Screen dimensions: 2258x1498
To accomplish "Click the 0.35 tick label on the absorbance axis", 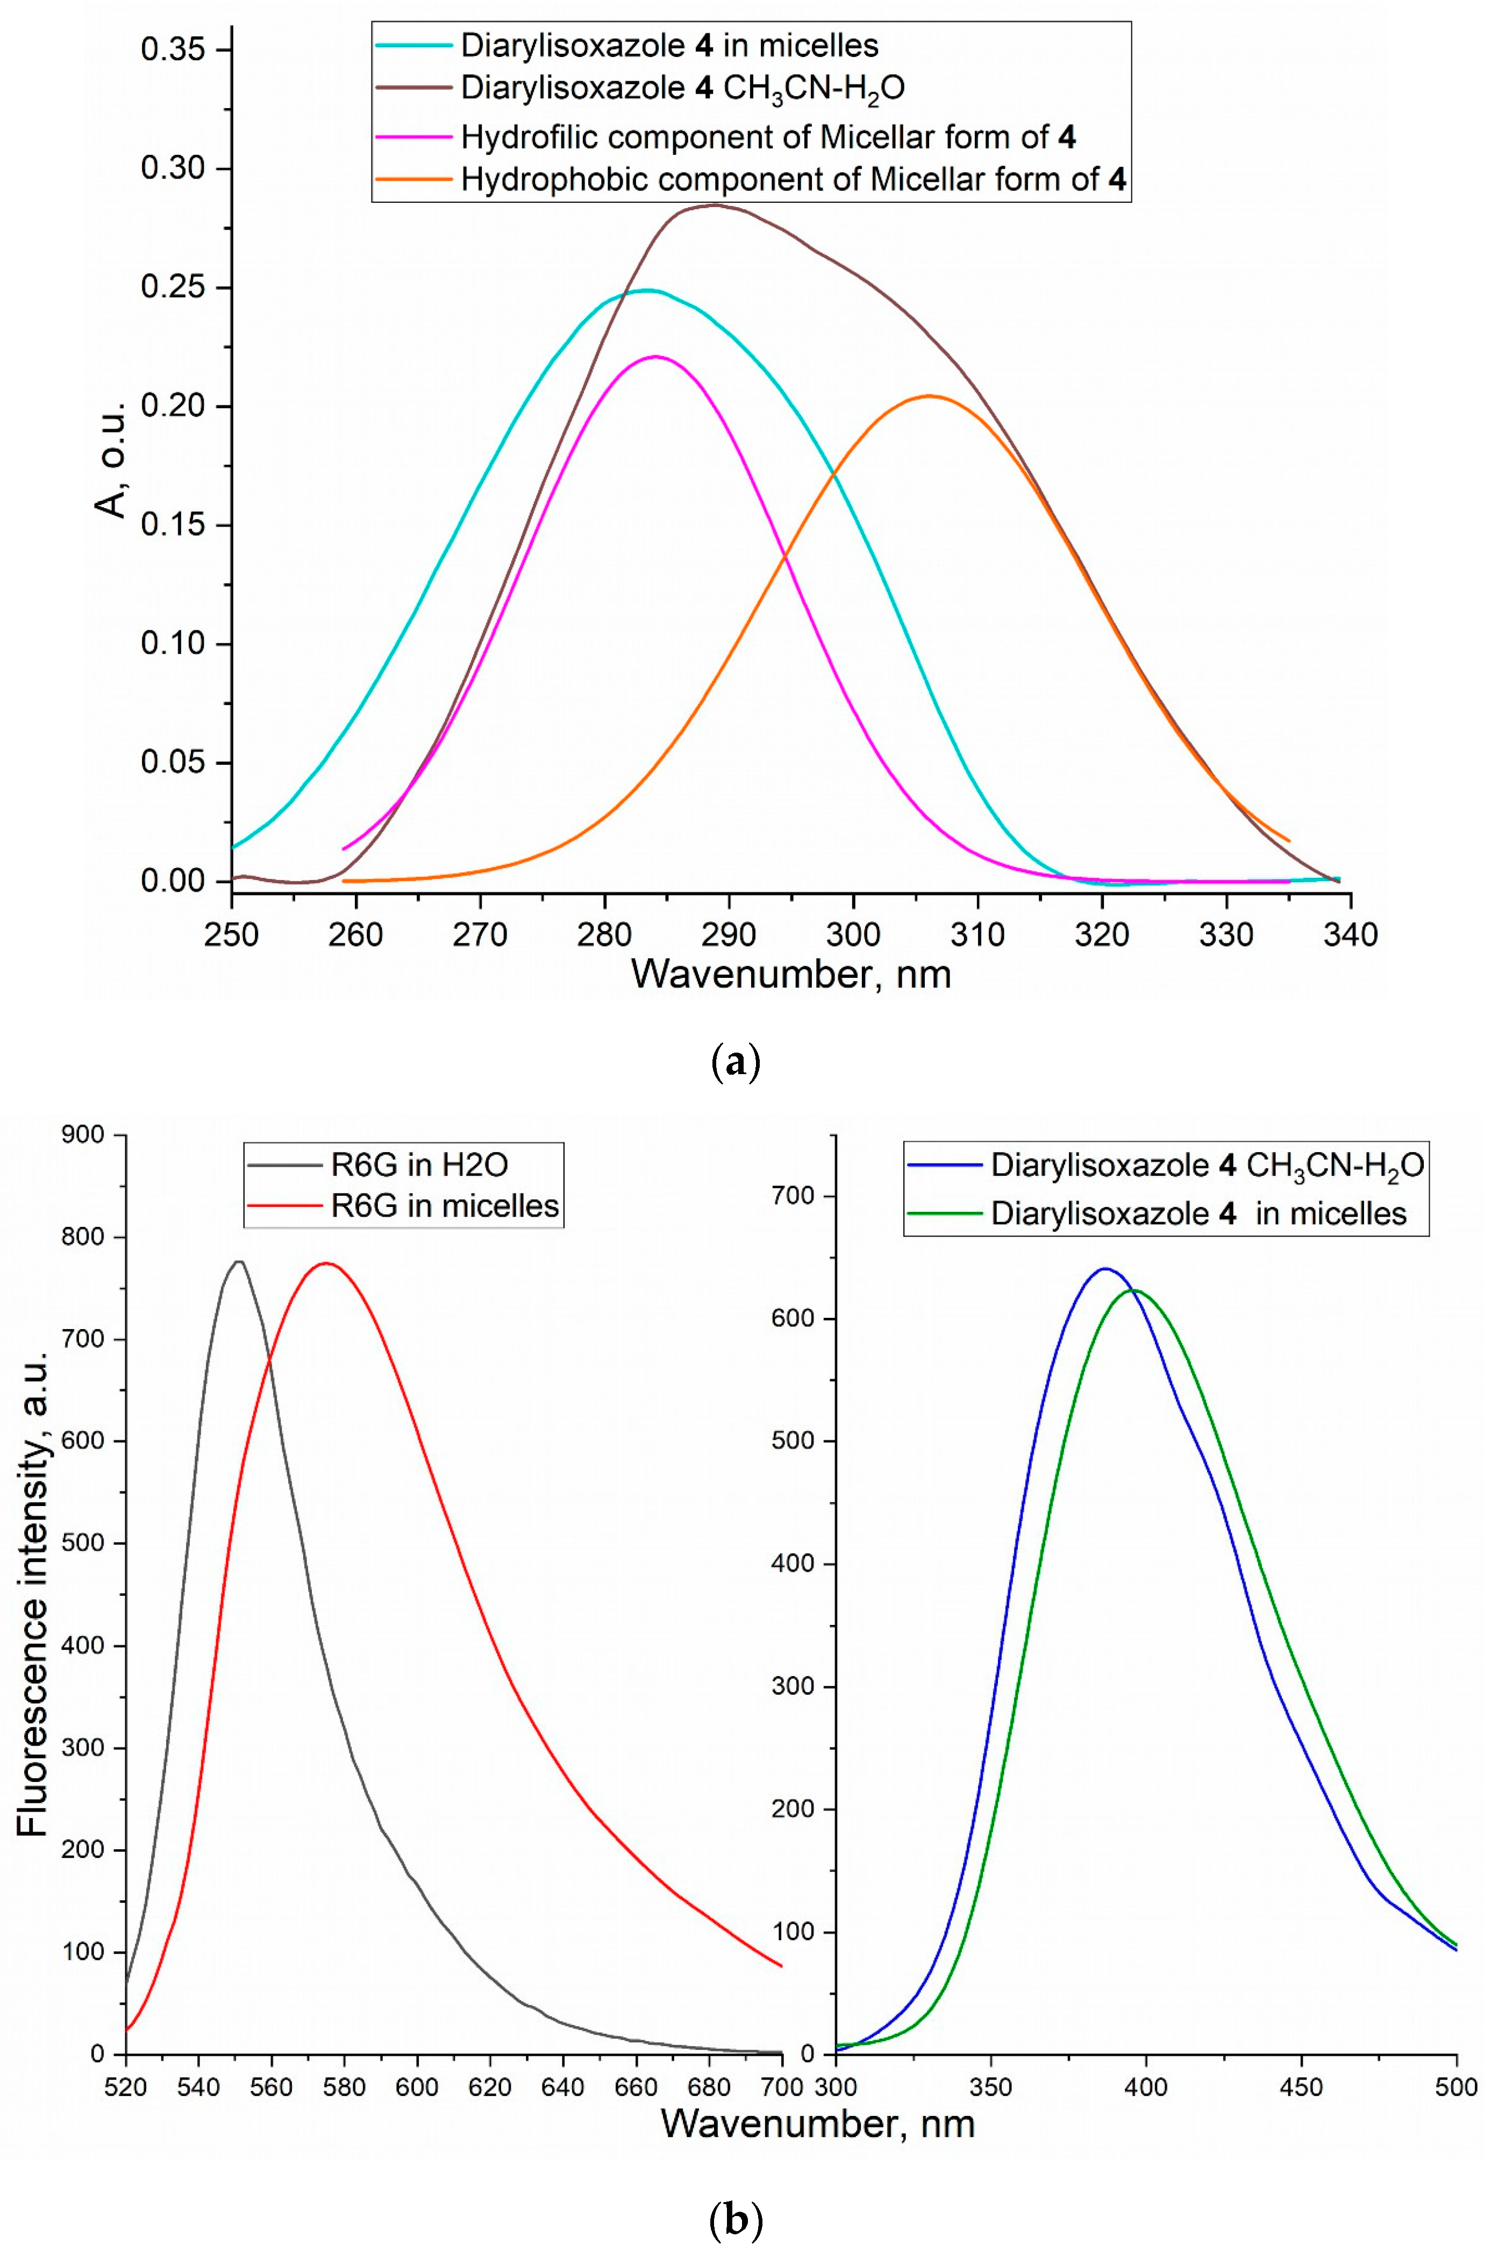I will [173, 49].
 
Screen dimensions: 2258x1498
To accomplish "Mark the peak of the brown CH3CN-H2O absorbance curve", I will [712, 204].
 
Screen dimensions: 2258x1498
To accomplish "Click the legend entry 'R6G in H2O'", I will [418, 1165].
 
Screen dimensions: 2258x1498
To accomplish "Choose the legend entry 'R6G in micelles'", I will [444, 1206].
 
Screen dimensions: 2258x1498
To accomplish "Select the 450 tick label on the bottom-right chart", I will [1301, 2086].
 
